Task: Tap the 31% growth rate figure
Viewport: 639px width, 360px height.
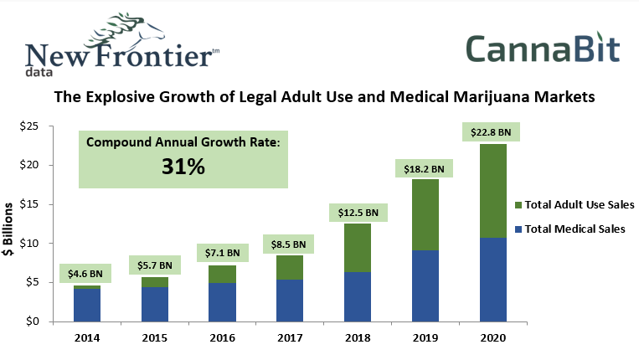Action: [x=183, y=167]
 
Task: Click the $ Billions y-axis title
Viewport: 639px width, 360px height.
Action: [x=11, y=229]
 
